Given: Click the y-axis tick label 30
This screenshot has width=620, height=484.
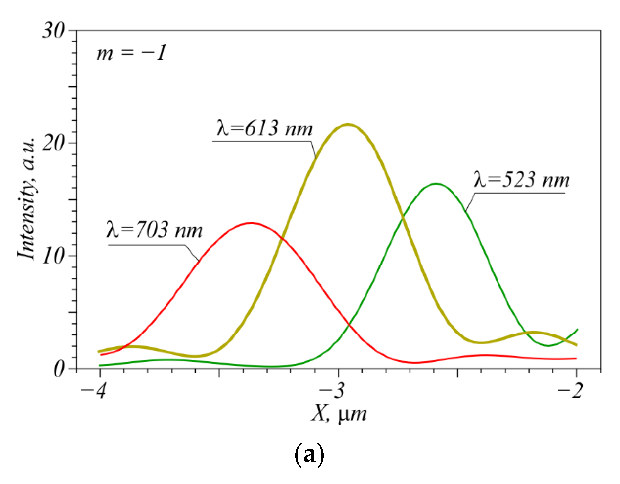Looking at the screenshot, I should point(54,31).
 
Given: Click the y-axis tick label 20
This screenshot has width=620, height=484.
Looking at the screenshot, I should point(54,143).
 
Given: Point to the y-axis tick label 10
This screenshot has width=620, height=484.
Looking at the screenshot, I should point(54,256).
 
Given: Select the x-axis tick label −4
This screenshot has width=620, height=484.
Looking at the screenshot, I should point(94,391).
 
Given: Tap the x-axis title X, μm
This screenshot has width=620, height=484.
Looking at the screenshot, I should point(339,414).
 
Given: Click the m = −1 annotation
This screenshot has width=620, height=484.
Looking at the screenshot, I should point(131,53).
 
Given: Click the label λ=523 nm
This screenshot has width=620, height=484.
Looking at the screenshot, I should point(522,180).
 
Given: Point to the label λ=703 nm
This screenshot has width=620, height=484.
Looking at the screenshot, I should point(155,229).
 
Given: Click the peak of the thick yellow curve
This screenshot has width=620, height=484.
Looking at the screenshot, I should point(348,124).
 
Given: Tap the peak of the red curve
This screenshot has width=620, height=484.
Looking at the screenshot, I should point(251,223).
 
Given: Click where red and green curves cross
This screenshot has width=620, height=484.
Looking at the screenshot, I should point(349,325).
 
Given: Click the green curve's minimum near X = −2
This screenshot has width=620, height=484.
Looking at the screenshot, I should point(548,346).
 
